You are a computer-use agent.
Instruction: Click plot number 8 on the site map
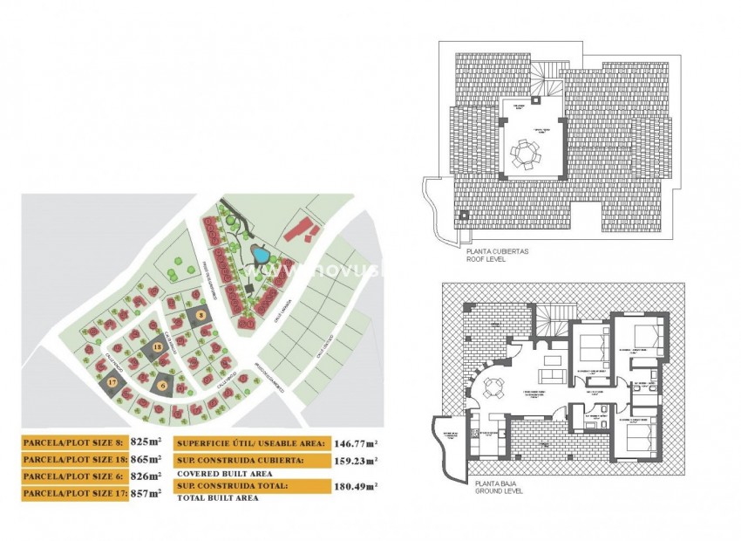[201, 315]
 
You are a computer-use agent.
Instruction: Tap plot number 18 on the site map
[158, 347]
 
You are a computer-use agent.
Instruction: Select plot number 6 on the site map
[163, 385]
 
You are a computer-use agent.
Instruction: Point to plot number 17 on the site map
[112, 383]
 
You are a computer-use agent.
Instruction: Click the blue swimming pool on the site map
[260, 255]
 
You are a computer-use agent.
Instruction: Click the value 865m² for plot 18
[146, 459]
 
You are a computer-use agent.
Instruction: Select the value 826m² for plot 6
[145, 476]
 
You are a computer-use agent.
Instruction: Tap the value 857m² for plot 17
[145, 494]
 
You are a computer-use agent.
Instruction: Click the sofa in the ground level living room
[552, 376]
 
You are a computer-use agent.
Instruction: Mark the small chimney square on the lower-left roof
[464, 215]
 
